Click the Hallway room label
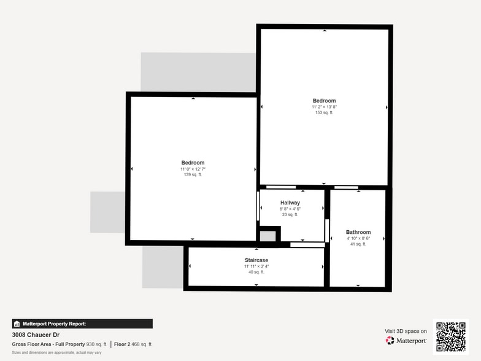pyautogui.click(x=290, y=203)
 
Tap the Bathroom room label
pyautogui.click(x=358, y=232)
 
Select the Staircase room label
pyautogui.click(x=256, y=260)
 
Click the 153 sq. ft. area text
pyautogui.click(x=324, y=112)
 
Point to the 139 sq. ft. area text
pyautogui.click(x=193, y=174)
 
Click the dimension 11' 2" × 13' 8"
pyautogui.click(x=324, y=107)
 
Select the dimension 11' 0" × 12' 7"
pyautogui.click(x=193, y=169)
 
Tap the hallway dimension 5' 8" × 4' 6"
pyautogui.click(x=290, y=209)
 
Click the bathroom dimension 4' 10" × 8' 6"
pyautogui.click(x=358, y=238)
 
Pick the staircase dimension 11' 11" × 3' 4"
pyautogui.click(x=256, y=266)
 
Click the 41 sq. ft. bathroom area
pyautogui.click(x=358, y=244)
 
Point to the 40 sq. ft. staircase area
pyautogui.click(x=256, y=272)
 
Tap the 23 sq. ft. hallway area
pyautogui.click(x=290, y=214)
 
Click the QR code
pyautogui.click(x=451, y=336)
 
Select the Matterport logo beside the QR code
pyautogui.click(x=406, y=340)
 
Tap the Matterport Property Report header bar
pyautogui.click(x=82, y=324)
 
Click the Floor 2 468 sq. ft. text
pyautogui.click(x=133, y=344)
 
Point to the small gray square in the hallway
pyautogui.click(x=267, y=236)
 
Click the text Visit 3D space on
pyautogui.click(x=406, y=331)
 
